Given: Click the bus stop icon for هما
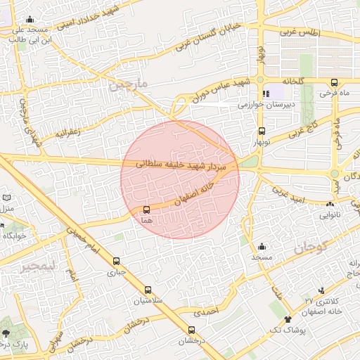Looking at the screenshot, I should pyautogui.click(x=146, y=210).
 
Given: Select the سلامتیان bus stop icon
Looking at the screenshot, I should pyautogui.click(x=148, y=290).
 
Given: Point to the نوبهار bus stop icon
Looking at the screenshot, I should pyautogui.click(x=262, y=131).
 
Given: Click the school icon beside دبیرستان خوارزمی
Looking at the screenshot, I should pyautogui.click(x=266, y=94).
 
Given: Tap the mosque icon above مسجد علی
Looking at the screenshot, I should pyautogui.click(x=29, y=20).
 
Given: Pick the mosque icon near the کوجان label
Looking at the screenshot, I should pyautogui.click(x=262, y=246).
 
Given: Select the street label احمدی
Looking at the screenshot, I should pyautogui.click(x=206, y=309).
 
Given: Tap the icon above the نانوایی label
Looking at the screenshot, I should pyautogui.click(x=330, y=204).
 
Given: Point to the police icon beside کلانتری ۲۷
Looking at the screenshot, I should pyautogui.click(x=322, y=290).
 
